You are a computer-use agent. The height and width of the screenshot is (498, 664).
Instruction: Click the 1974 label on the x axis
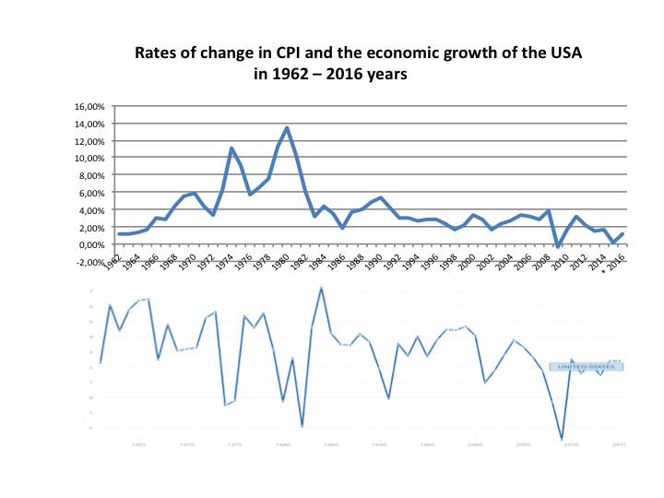coord(223,260)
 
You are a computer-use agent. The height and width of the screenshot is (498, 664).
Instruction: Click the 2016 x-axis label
coord(619,260)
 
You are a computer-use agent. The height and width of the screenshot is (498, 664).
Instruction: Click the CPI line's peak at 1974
coord(232,148)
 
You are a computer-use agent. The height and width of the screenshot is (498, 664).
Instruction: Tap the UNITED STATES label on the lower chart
coord(587,366)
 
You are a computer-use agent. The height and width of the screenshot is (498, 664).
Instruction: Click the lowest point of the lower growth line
coord(562,440)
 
